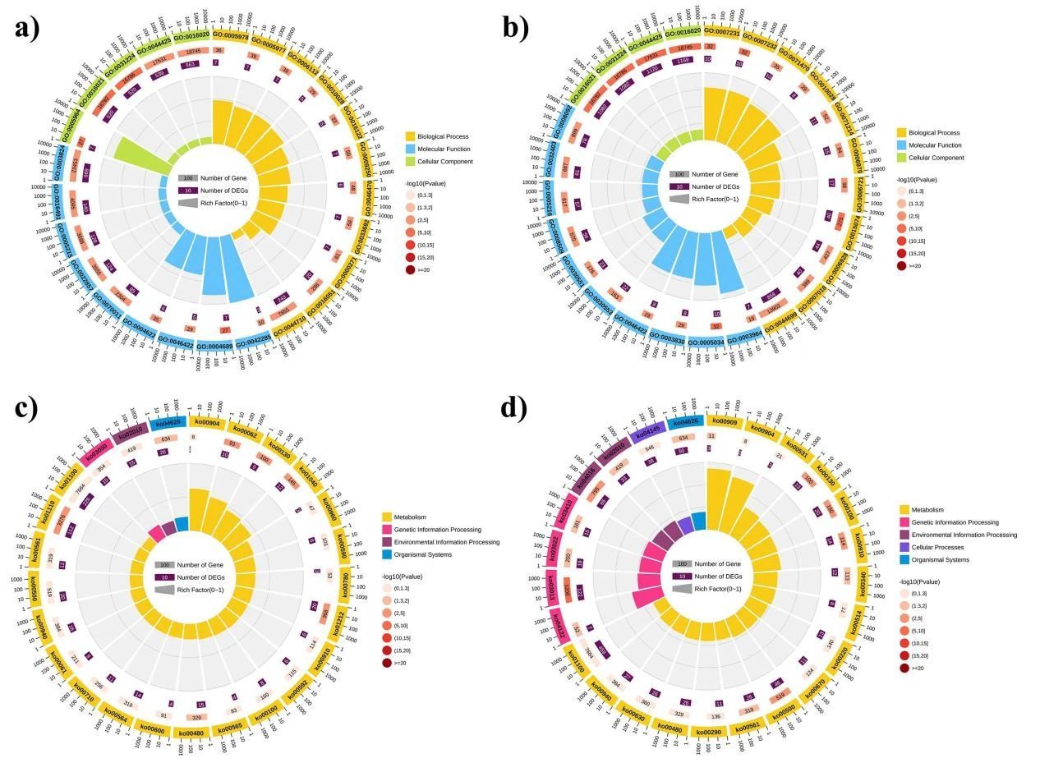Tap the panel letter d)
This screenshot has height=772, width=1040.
[515, 408]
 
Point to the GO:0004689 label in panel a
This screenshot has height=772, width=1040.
[214, 346]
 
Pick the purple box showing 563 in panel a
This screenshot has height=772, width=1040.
[191, 64]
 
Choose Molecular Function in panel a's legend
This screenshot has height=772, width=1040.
[443, 149]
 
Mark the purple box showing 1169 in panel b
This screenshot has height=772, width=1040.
[682, 60]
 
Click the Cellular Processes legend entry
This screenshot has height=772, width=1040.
[934, 547]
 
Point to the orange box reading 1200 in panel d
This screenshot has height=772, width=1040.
[565, 590]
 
